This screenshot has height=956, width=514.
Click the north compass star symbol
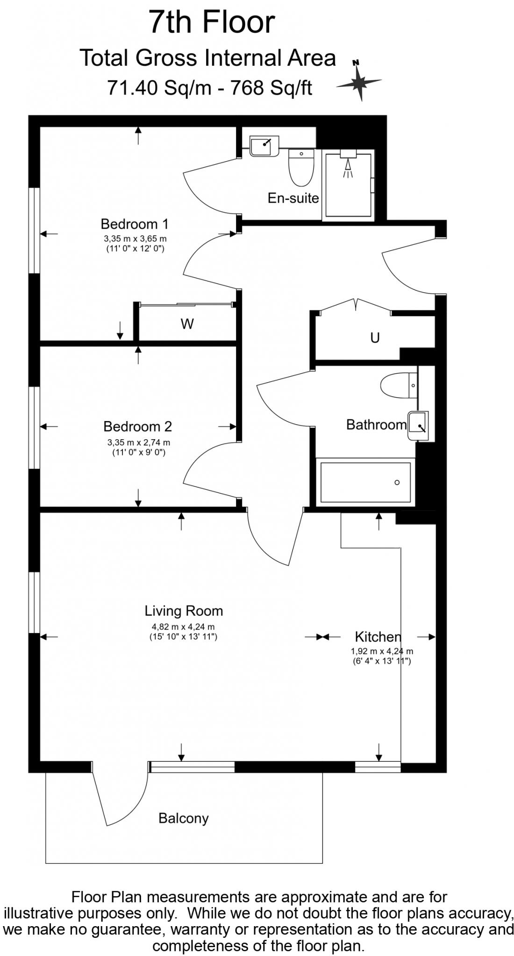(358, 82)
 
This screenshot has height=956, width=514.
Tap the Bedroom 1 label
(135, 224)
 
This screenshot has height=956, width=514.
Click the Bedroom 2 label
(137, 426)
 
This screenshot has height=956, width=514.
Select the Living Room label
(183, 611)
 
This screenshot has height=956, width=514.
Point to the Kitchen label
(378, 636)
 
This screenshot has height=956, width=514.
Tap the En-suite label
(293, 198)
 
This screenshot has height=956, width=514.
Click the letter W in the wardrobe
(187, 324)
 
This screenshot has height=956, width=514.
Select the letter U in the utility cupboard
(375, 337)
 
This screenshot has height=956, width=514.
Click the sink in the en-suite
(264, 146)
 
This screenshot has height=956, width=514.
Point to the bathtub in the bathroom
(365, 482)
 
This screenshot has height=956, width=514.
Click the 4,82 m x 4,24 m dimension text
(183, 627)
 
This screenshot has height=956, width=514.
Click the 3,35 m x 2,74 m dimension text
(139, 442)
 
